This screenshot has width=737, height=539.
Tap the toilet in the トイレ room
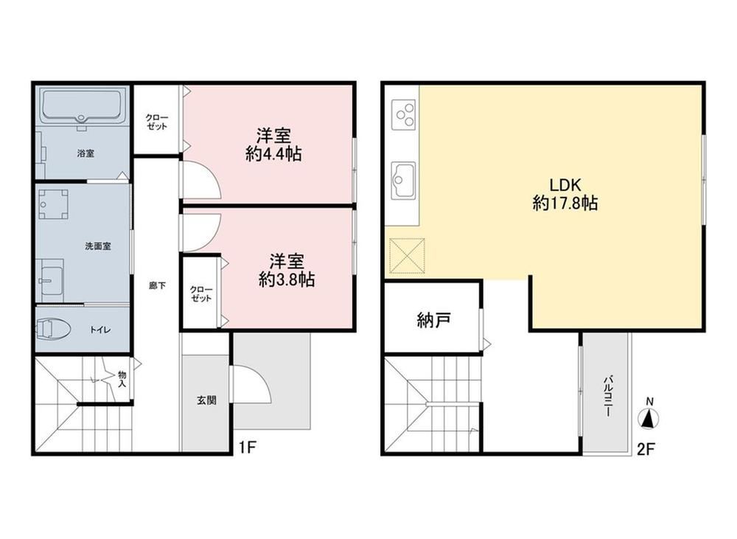click(x=52, y=328)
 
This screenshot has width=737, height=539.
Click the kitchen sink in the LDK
click(x=404, y=180)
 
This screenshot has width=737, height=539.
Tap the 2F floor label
click(x=646, y=449)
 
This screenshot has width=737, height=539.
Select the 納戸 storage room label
click(x=433, y=320)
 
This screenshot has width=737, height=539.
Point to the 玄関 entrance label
click(x=206, y=400)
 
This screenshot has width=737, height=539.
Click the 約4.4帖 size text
click(x=273, y=154)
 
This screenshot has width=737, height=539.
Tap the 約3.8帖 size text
click(x=287, y=279)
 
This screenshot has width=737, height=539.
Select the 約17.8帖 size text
click(x=565, y=204)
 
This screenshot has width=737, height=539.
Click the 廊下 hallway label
click(x=157, y=285)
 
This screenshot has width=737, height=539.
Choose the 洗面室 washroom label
click(x=98, y=246)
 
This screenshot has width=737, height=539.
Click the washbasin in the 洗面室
click(x=52, y=280)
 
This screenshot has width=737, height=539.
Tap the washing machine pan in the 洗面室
click(x=53, y=204)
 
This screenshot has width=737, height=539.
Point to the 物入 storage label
click(x=122, y=378)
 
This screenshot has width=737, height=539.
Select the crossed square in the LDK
click(x=408, y=255)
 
